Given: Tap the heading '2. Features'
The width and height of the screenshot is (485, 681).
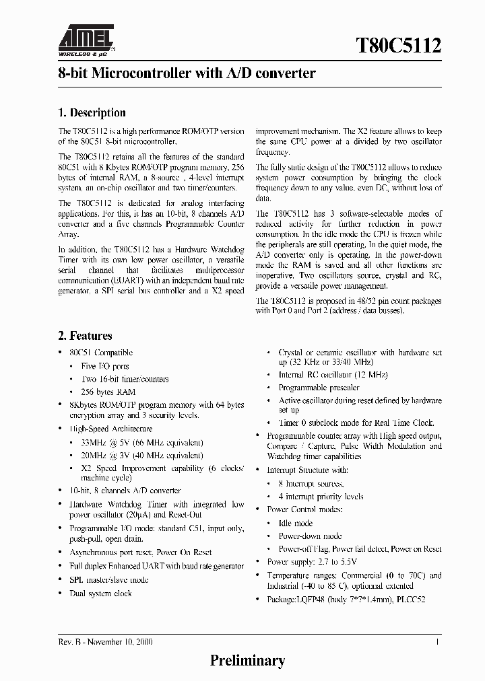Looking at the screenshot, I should click(x=85, y=336).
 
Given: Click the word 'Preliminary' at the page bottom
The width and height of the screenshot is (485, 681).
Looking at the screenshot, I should click(x=247, y=660).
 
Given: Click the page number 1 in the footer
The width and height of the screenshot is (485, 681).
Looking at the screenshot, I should click(x=438, y=642).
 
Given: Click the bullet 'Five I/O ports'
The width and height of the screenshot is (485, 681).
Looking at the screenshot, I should click(x=105, y=366).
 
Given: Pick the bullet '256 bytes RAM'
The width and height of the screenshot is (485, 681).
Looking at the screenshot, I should click(x=108, y=392).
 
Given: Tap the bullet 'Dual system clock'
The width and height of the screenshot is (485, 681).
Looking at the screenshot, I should click(x=100, y=594).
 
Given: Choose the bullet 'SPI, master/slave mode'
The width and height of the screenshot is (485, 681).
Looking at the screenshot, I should click(x=108, y=579).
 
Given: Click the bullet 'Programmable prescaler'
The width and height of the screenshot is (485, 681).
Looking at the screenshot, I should click(x=319, y=388).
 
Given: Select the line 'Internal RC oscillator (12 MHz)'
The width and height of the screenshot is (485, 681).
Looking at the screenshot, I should click(x=333, y=375).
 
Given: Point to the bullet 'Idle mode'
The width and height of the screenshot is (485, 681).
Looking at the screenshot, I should click(x=296, y=523).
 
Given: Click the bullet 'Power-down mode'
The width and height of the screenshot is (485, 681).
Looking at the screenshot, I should click(x=310, y=536).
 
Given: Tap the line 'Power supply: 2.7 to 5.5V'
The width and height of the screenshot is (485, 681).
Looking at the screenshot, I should click(x=312, y=562).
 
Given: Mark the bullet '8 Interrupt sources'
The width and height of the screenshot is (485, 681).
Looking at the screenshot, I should click(x=311, y=484).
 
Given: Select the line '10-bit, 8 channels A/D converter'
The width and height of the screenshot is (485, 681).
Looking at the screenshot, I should click(x=125, y=491).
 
